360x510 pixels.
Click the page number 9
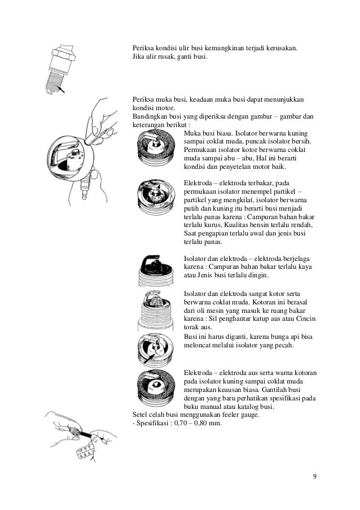315,475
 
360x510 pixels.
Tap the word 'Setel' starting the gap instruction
139,415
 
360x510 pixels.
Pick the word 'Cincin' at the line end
304,319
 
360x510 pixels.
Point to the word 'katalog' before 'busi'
246,407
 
